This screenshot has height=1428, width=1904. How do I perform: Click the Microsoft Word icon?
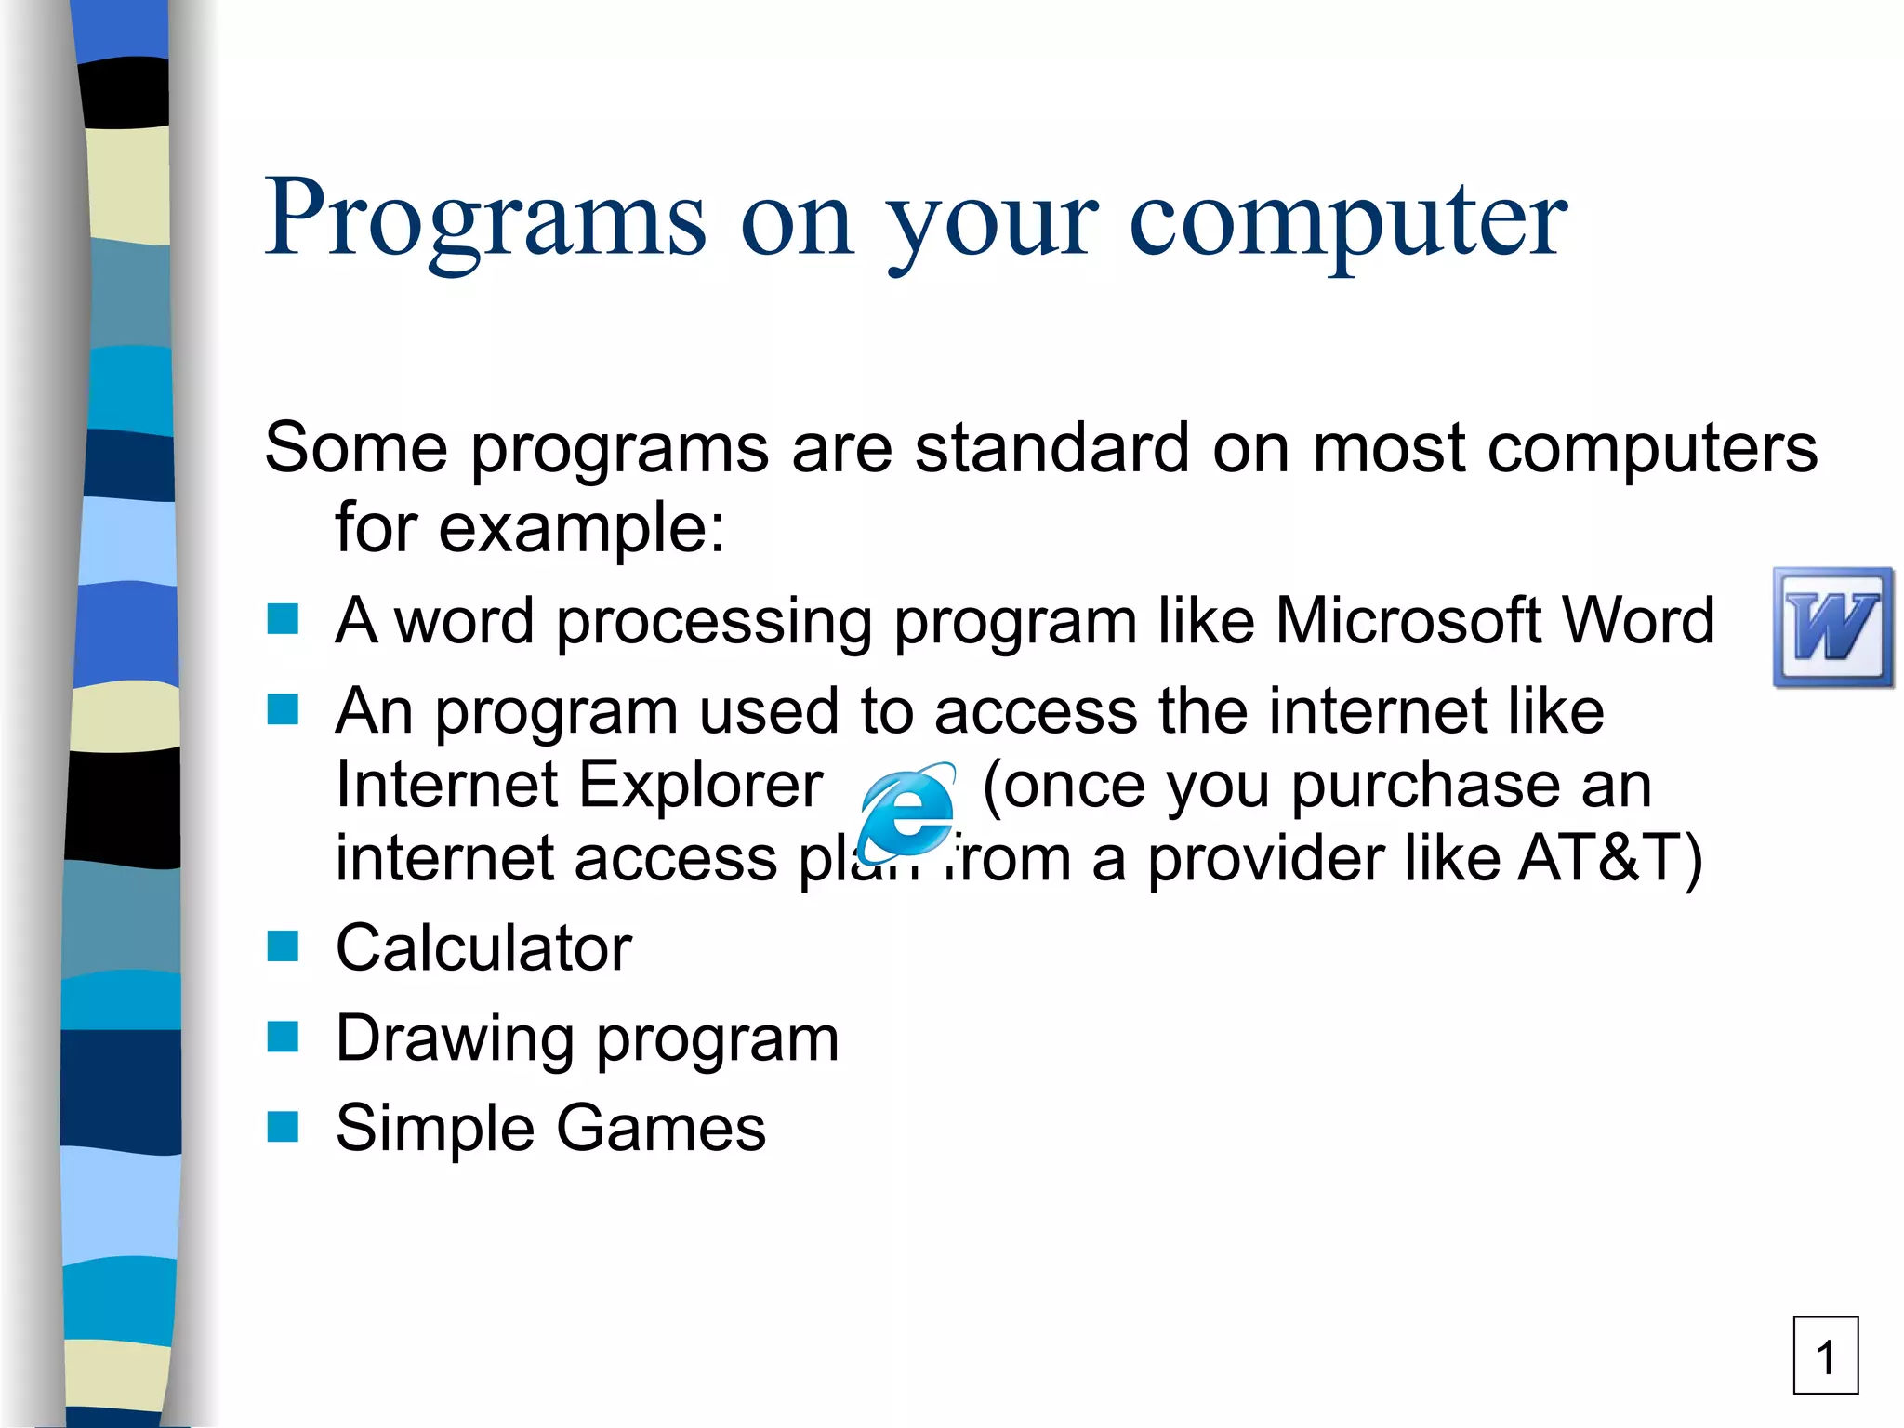[1832, 628]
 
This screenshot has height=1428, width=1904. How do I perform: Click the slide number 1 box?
[1825, 1355]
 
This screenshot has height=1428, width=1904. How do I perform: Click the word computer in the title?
[1348, 219]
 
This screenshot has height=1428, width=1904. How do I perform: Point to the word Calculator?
[483, 947]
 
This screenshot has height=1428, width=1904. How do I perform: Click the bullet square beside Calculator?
[283, 946]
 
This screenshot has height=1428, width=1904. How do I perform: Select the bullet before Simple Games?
[283, 1126]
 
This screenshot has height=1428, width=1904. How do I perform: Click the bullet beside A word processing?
[283, 618]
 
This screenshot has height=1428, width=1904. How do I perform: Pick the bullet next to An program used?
[283, 709]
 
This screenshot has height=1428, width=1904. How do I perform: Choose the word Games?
[661, 1128]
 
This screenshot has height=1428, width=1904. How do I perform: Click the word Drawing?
[455, 1038]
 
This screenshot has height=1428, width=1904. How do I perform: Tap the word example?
[581, 528]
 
